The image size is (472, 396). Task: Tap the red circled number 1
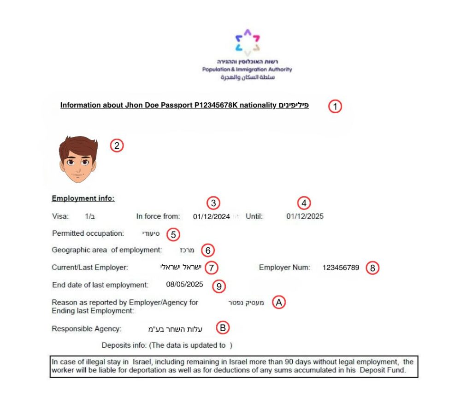335,106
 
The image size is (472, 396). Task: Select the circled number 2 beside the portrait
117,146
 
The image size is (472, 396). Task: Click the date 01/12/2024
211,216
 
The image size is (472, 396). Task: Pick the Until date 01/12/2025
305,216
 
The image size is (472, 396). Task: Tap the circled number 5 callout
172,234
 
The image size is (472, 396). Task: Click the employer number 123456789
341,268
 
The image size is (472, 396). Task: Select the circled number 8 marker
372,268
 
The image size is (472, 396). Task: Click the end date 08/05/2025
185,285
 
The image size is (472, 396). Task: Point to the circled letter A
279,303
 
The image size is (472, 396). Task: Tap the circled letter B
223,328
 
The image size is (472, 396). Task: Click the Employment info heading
83,199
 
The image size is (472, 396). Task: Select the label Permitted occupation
88,233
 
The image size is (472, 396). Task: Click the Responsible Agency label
87,329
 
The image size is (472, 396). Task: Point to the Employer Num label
284,268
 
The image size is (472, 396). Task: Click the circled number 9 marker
219,286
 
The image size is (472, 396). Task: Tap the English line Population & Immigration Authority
247,70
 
